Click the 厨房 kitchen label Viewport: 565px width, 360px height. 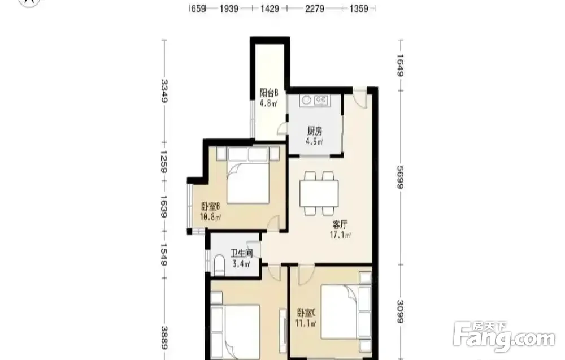(315, 131)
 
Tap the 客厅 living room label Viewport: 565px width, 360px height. (340, 225)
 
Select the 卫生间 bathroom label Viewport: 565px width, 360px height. (241, 254)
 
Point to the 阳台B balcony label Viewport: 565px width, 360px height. (269, 93)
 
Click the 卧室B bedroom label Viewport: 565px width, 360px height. (210, 207)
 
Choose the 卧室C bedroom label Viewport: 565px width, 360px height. (307, 313)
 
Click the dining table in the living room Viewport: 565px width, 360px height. (319, 193)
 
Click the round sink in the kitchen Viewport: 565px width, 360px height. (306, 100)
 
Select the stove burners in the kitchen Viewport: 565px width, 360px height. (321, 100)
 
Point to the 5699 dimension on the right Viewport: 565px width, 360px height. (400, 177)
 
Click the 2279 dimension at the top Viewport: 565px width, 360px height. (315, 8)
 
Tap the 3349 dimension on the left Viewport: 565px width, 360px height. (164, 91)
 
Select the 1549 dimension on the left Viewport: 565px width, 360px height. (164, 254)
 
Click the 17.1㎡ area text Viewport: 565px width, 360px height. (340, 235)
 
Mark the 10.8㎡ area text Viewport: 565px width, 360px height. (210, 217)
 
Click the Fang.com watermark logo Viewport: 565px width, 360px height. (504, 336)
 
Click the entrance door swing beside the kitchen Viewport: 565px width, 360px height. (360, 97)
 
